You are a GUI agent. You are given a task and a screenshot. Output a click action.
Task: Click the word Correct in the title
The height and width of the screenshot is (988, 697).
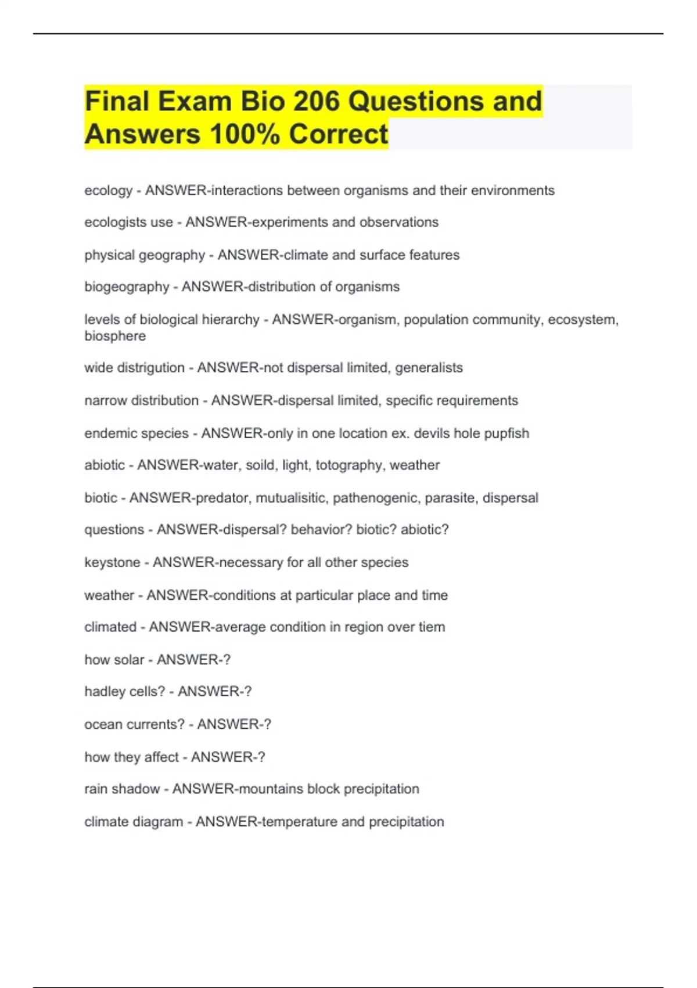[338, 134]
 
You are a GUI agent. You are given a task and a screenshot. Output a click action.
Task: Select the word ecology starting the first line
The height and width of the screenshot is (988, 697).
[109, 191]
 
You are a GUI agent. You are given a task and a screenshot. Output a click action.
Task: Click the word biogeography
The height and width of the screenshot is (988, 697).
[127, 287]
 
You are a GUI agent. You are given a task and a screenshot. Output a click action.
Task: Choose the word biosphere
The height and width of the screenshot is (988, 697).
[115, 336]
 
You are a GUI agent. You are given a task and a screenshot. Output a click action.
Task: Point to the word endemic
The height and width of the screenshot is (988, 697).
[106, 434]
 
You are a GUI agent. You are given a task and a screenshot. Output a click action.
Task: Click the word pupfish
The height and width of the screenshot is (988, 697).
[504, 434]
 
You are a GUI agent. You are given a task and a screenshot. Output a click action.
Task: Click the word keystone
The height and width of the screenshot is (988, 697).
[112, 563]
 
